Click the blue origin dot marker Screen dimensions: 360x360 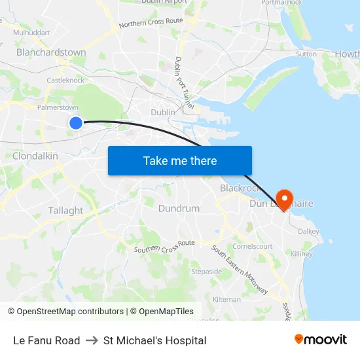pyautogui.click(x=76, y=123)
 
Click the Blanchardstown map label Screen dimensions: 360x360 pyautogui.click(x=51, y=52)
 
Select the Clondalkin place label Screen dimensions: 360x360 pyautogui.click(x=35, y=156)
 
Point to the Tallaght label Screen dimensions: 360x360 pyautogui.click(x=65, y=211)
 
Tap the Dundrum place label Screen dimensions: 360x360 pyautogui.click(x=179, y=208)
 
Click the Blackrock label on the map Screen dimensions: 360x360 pyautogui.click(x=240, y=188)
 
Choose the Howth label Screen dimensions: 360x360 pyautogui.click(x=346, y=54)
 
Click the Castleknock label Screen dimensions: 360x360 pyautogui.click(x=65, y=81)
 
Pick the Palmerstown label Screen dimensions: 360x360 pyautogui.click(x=58, y=107)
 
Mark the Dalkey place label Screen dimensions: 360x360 pyautogui.click(x=308, y=231)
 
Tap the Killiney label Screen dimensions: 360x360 pyautogui.click(x=302, y=253)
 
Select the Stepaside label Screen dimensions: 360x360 pyautogui.click(x=206, y=271)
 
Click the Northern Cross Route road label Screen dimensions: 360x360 pyautogui.click(x=151, y=24)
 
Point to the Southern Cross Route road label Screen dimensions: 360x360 pyautogui.click(x=164, y=247)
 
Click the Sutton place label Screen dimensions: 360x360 pyautogui.click(x=306, y=54)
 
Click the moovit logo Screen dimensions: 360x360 pyautogui.click(x=321, y=340)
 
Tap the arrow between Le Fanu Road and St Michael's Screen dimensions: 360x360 pyautogui.click(x=92, y=340)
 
